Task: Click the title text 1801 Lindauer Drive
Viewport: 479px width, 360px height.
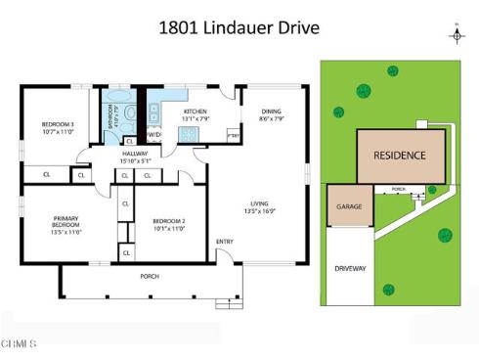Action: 239,26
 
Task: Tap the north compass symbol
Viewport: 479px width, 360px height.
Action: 456,34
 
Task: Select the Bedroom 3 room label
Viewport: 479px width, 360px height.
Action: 57,127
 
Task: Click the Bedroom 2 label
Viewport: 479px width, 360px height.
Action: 168,225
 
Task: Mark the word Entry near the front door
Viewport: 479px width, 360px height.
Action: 225,243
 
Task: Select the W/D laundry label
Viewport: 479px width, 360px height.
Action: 154,134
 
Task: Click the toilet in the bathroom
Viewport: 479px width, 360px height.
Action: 130,115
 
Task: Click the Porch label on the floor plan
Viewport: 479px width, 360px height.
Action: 150,276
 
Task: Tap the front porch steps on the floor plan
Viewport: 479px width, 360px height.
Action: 228,303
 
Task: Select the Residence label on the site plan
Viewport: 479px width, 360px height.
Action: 399,156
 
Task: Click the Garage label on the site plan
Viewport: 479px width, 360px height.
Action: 349,207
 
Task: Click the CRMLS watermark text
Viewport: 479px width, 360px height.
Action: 20,343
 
